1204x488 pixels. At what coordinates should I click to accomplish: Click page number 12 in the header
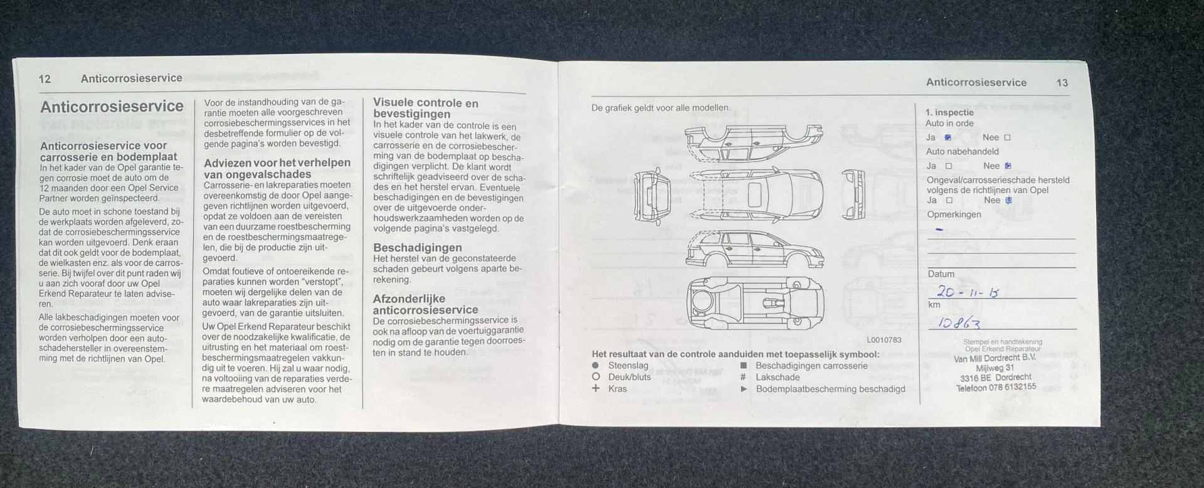coord(45,78)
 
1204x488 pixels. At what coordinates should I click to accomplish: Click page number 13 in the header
coord(1062,83)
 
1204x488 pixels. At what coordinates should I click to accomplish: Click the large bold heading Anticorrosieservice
coord(112,107)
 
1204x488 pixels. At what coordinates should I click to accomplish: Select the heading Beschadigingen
coord(417,248)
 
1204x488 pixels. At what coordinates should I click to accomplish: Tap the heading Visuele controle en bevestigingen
coord(425,108)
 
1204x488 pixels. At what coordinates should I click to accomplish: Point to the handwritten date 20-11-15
coord(967,292)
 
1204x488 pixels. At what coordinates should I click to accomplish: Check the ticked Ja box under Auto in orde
coord(948,137)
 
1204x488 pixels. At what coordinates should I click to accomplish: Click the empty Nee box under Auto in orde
coord(1007,137)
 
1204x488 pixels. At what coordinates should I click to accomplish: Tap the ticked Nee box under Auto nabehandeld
coord(1008,166)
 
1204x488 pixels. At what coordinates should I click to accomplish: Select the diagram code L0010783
coord(884,340)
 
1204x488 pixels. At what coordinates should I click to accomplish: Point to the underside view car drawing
coord(755,303)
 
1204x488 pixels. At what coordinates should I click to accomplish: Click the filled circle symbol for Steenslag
coord(595,365)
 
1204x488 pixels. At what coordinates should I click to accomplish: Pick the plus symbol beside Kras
coord(596,388)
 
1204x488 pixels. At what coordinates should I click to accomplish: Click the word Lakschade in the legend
coord(778,377)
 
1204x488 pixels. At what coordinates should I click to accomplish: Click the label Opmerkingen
coord(953,215)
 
